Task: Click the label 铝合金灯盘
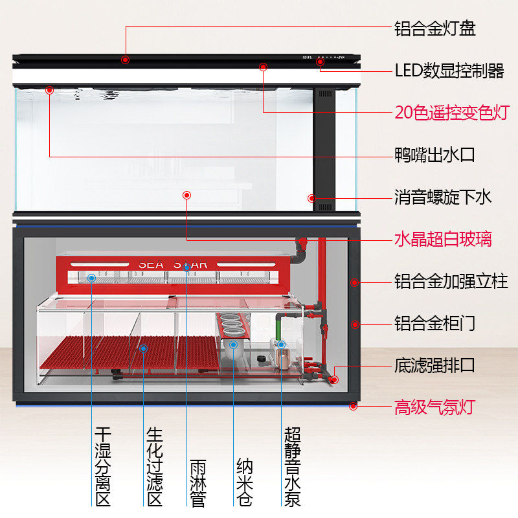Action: (435, 28)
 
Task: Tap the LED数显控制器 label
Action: (449, 70)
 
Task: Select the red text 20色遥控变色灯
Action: (452, 111)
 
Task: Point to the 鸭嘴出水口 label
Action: (435, 155)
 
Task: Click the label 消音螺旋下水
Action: (444, 196)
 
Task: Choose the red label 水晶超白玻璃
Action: (444, 239)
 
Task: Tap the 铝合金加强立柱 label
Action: (451, 282)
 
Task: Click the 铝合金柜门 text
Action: (435, 322)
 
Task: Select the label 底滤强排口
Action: (435, 365)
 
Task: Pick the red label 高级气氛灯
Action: (435, 407)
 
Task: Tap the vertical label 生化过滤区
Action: (155, 466)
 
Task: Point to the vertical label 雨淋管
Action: (198, 483)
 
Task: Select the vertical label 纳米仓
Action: (245, 483)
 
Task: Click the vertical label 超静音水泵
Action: (292, 466)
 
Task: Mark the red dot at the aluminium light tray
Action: (125, 60)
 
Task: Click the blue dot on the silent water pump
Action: (281, 344)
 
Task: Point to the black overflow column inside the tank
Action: (324, 149)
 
